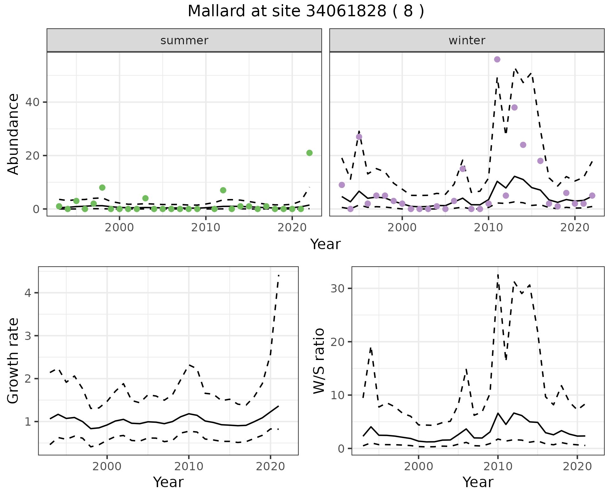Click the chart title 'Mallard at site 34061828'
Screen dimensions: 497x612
point(305,11)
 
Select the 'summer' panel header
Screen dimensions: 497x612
point(184,40)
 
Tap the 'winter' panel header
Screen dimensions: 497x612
point(467,40)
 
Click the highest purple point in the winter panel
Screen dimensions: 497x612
point(497,59)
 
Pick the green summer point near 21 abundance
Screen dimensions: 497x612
point(309,153)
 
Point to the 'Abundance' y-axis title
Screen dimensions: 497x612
point(13,134)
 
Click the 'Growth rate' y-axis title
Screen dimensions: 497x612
point(13,361)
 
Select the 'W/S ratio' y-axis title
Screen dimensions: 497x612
point(319,361)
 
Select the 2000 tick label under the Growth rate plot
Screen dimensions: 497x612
point(107,466)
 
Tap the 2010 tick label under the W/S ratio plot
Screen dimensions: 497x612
point(498,466)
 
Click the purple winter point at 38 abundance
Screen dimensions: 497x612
point(514,107)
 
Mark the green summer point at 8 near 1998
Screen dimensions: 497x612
point(102,188)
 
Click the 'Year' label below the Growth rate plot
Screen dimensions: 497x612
point(168,482)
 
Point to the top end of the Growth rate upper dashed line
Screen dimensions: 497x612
point(279,275)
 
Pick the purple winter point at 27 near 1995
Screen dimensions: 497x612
point(359,137)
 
